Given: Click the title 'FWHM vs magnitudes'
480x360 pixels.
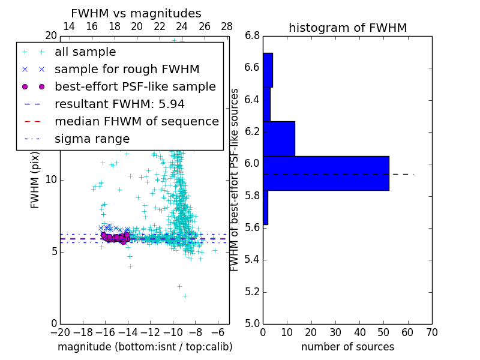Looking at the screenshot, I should point(136,14).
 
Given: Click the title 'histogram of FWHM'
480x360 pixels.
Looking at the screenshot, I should point(347,28).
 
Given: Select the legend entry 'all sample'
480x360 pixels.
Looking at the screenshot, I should point(85,52).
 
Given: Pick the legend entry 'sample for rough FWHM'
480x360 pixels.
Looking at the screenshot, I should point(127,70).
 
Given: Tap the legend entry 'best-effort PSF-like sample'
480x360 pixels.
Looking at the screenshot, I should point(135,87).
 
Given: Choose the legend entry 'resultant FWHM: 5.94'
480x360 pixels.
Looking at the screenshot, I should point(119,104).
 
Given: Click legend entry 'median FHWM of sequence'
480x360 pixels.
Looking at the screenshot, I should point(136,122).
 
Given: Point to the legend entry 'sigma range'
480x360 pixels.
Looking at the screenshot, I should point(92,139).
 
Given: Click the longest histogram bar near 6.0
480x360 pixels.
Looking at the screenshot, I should point(326,173).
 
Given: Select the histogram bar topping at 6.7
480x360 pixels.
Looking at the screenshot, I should point(268,70).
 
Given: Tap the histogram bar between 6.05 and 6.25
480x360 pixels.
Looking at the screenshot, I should point(278,139).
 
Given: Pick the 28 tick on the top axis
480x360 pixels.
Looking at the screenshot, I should point(227,26).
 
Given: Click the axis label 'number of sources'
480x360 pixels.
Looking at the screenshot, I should point(347,347).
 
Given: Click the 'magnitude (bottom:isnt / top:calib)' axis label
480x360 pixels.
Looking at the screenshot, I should point(145,347).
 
